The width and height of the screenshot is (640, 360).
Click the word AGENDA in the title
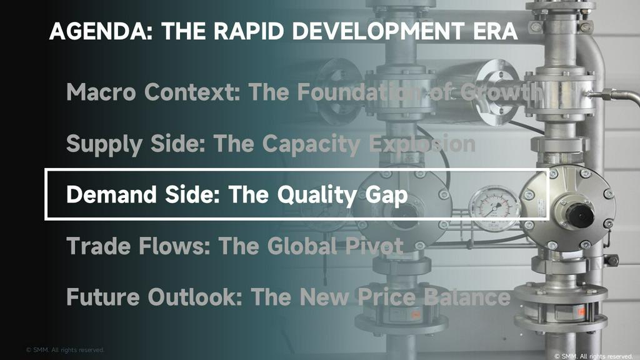pyautogui.click(x=101, y=31)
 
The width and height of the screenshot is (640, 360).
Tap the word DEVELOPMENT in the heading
pyautogui.click(x=378, y=31)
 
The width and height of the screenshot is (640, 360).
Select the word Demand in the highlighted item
pyautogui.click(x=111, y=194)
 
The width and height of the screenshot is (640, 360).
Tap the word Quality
pyautogui.click(x=317, y=195)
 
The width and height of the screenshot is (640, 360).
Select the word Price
pyautogui.click(x=387, y=297)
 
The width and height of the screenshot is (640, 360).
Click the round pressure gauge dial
pyautogui.click(x=494, y=207)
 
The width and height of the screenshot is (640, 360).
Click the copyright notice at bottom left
pyautogui.click(x=65, y=350)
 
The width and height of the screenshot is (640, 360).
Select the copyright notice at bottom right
pyautogui.click(x=594, y=356)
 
